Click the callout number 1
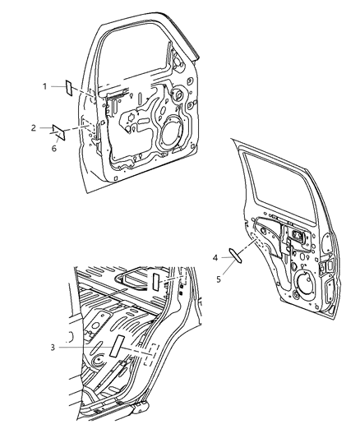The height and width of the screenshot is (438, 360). [46, 85]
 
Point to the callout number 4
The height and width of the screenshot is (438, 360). [216, 258]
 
